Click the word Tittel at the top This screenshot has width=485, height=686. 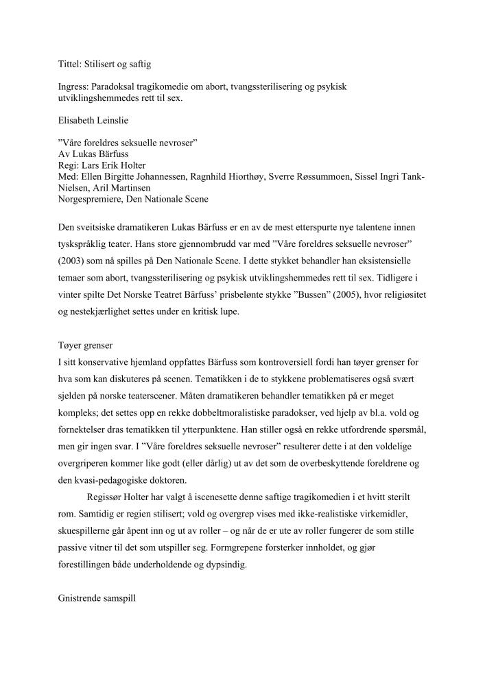[69, 64]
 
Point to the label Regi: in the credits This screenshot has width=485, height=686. [70, 165]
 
